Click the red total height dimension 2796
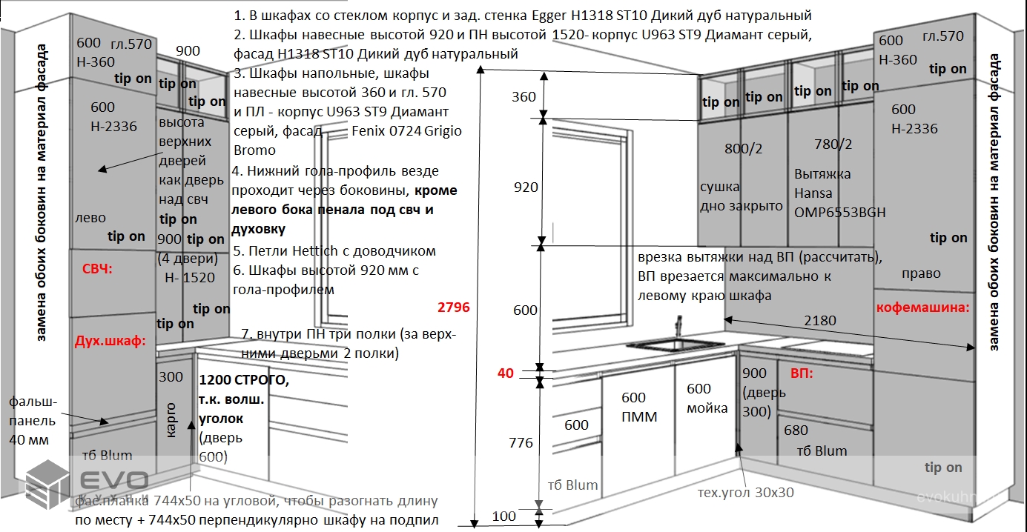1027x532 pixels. tap(454, 307)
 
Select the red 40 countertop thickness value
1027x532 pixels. tap(505, 373)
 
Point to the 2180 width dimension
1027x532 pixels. tap(819, 321)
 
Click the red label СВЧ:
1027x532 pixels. tap(97, 269)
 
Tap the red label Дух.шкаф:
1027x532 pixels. tap(110, 341)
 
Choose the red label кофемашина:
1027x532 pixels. tap(922, 307)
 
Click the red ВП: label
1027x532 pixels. tap(802, 373)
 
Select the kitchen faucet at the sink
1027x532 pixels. tap(677, 327)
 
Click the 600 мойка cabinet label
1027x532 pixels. tap(707, 399)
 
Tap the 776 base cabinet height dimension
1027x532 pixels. tap(521, 443)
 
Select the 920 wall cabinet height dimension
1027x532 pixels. tap(526, 187)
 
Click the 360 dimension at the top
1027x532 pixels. tap(524, 97)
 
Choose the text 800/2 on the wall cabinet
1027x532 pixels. tap(743, 148)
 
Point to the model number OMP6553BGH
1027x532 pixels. tap(839, 212)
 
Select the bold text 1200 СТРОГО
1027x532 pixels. tap(244, 381)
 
